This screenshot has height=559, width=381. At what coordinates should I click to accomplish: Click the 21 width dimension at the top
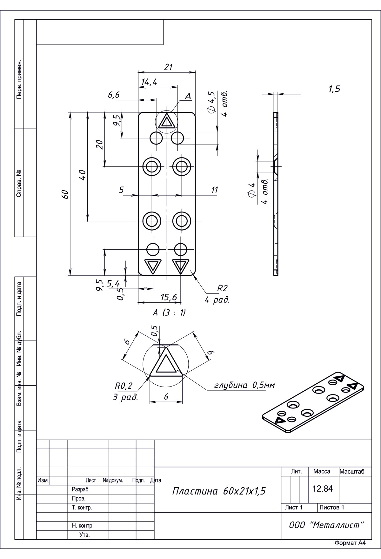click(x=168, y=67)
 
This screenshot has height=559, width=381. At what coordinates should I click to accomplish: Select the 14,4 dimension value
click(x=149, y=82)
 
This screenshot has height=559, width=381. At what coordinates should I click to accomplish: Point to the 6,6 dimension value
click(x=114, y=95)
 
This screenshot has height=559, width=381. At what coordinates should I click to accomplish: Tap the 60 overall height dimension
click(x=65, y=194)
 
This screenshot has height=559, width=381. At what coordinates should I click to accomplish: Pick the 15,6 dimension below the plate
click(x=169, y=297)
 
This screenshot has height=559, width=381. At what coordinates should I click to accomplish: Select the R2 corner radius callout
click(x=222, y=288)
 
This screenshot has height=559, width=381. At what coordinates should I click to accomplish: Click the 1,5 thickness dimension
click(x=334, y=89)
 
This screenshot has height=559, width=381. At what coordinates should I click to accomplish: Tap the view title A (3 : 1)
click(x=169, y=313)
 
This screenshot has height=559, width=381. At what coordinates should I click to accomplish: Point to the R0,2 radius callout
click(x=123, y=386)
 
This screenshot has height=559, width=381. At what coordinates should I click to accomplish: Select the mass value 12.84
click(x=323, y=489)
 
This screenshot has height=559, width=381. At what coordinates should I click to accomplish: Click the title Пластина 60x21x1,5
click(x=219, y=491)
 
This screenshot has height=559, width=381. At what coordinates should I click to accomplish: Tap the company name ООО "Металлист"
click(x=326, y=525)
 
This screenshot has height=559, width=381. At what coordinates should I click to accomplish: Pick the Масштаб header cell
click(x=352, y=472)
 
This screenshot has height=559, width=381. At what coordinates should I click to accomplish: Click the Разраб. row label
click(x=79, y=489)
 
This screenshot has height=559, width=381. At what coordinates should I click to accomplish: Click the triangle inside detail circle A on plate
click(x=166, y=122)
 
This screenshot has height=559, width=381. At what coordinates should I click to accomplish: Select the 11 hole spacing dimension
click(x=215, y=190)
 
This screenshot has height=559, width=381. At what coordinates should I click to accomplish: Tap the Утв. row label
click(x=84, y=535)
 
